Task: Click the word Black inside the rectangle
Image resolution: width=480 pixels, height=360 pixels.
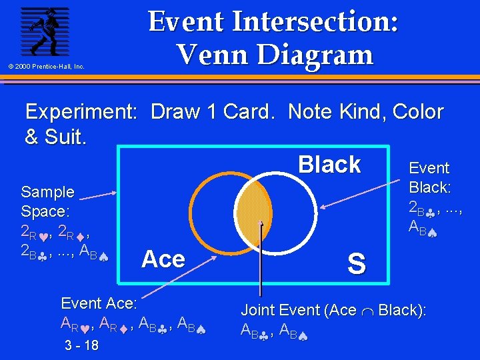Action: [x=329, y=165]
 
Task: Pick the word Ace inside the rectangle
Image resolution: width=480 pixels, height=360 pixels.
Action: [x=163, y=259]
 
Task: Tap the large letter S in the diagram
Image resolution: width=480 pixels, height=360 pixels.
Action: [x=357, y=265]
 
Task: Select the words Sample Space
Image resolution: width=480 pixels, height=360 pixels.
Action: [x=48, y=201]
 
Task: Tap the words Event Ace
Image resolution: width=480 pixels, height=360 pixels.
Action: [x=99, y=303]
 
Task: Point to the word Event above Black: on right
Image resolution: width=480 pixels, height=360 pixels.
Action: [x=429, y=168]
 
